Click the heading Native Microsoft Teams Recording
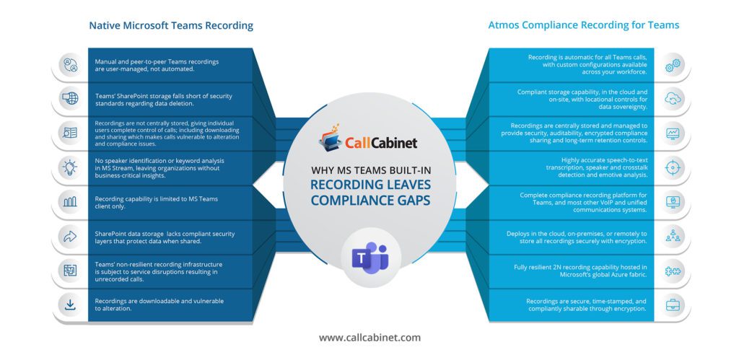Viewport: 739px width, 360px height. pos(170,25)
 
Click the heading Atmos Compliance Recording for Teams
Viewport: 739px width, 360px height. pos(583,25)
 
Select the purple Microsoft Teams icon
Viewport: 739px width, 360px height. pos(369,255)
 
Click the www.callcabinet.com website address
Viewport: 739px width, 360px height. pos(369,337)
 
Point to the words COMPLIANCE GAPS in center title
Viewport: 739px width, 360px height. pos(369,199)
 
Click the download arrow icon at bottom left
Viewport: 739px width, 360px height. pos(70,304)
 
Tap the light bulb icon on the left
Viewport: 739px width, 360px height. pos(70,167)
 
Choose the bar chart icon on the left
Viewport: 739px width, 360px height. pos(70,201)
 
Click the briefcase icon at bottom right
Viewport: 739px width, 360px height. pos(672,304)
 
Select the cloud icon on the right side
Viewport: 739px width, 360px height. pos(672,99)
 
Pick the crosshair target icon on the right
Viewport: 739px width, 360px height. pos(672,167)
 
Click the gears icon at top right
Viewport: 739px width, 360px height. pos(672,64)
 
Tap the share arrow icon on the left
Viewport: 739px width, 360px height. pos(70,236)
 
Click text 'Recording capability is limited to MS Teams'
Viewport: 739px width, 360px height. pos(157,198)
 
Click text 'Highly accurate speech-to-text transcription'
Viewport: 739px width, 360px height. pos(583,159)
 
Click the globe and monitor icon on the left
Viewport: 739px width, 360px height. pos(70,99)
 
